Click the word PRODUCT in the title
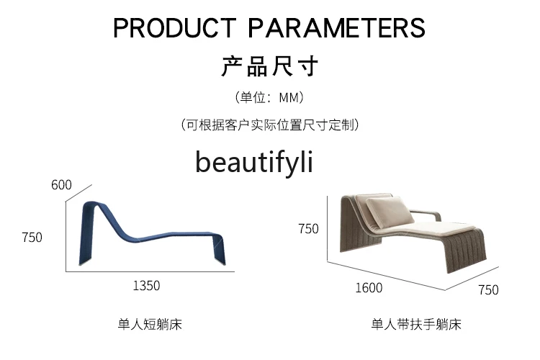[x=175, y=27]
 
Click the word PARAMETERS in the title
[x=336, y=27]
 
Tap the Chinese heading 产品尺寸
[x=270, y=66]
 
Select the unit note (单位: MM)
[x=270, y=97]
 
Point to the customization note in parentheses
[x=270, y=125]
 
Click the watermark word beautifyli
[x=254, y=162]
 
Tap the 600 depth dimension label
[x=61, y=185]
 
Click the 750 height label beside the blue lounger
[x=32, y=238]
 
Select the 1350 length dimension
[x=146, y=286]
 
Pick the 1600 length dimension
[x=369, y=288]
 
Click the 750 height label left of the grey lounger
[x=308, y=229]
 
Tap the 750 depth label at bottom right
[x=488, y=289]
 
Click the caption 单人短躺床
[x=150, y=325]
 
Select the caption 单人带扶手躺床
[x=416, y=325]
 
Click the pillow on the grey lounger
[x=390, y=212]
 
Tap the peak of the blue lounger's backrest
[x=91, y=202]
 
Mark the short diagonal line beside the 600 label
[x=79, y=193]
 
